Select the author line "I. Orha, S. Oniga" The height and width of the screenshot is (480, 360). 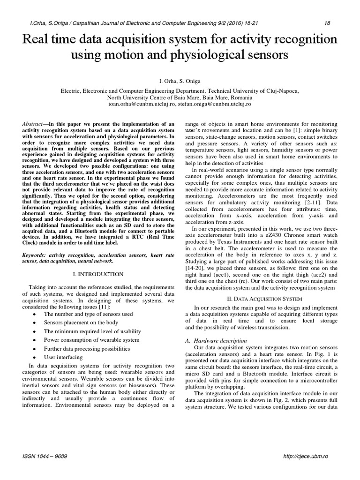[x=180, y=81]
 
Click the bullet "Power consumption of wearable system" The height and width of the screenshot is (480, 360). [x=91, y=340]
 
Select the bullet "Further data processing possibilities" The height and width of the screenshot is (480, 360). [x=90, y=349]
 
